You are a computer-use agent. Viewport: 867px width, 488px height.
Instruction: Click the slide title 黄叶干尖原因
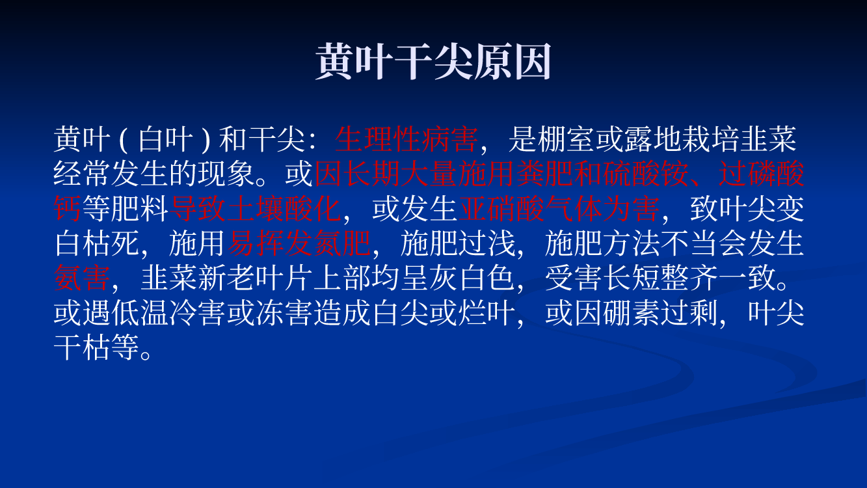[x=433, y=61]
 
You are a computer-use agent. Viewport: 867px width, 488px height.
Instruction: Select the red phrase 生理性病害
[x=407, y=139]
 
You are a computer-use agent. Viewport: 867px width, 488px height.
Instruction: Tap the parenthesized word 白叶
[x=165, y=139]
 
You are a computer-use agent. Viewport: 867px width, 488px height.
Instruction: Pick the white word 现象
[x=226, y=174]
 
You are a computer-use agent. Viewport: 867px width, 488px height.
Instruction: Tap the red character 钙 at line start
[x=68, y=209]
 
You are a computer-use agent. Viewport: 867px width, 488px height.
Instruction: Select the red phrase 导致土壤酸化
[x=255, y=209]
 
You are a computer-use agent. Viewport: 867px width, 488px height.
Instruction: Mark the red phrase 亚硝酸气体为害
[x=559, y=209]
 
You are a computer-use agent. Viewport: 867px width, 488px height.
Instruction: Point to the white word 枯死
[x=111, y=243]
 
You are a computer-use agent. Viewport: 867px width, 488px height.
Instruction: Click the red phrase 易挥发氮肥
[x=299, y=243]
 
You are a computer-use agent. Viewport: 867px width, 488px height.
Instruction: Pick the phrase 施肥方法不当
[x=631, y=243]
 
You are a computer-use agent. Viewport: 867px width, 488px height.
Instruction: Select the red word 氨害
[x=82, y=278]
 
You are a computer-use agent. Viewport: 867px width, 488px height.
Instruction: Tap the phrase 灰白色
[x=472, y=278]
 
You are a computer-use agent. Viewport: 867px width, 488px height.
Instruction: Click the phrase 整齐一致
[x=718, y=278]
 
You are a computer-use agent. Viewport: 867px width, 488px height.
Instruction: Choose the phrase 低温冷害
[x=168, y=312]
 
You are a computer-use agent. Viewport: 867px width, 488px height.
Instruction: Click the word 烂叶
[x=487, y=312]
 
